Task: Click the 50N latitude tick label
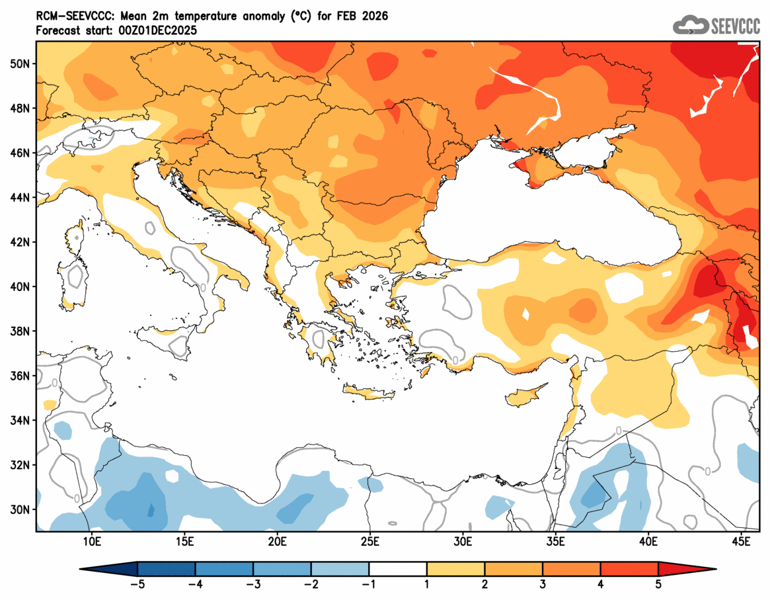tap(20, 64)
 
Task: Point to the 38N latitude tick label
tap(20, 331)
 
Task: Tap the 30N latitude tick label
tap(20, 510)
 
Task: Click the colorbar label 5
tap(658, 584)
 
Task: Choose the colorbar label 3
tap(543, 584)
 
